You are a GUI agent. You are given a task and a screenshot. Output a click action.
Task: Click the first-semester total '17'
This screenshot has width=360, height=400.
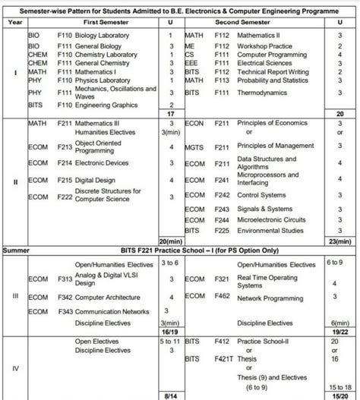point(172,114)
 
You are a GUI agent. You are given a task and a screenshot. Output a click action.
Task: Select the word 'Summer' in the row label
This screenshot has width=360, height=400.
point(15,249)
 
